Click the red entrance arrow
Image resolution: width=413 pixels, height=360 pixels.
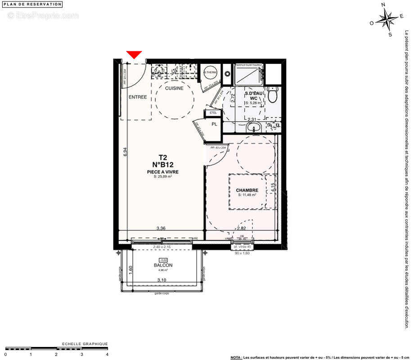tap(134, 54)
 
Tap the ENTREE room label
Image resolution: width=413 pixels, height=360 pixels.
tap(138, 97)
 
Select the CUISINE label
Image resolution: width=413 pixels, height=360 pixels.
tap(174, 88)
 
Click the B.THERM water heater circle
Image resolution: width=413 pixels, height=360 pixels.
tap(211, 72)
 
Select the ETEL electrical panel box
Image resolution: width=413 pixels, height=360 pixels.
tap(213, 112)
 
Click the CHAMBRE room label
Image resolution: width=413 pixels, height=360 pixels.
tap(247, 190)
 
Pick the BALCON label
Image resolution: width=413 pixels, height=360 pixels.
tap(162, 265)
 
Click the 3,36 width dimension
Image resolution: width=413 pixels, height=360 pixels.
tap(161, 228)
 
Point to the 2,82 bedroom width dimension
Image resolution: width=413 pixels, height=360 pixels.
tap(242, 228)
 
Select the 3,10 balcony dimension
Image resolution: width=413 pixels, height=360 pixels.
tap(162, 280)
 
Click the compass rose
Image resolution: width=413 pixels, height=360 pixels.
tap(387, 19)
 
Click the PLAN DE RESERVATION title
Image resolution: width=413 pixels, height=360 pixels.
tap(32, 4)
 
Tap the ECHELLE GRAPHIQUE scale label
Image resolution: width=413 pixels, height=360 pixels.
tap(85, 344)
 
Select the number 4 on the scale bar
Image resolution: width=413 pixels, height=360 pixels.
tap(107, 354)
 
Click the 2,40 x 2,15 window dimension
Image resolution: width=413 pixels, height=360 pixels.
tap(162, 247)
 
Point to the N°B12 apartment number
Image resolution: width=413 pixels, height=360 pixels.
tap(163, 165)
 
